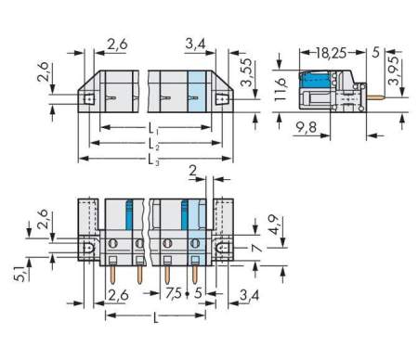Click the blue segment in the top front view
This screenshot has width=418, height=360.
pyautogui.click(x=195, y=92)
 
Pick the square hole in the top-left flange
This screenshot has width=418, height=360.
pyautogui.click(x=90, y=96)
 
